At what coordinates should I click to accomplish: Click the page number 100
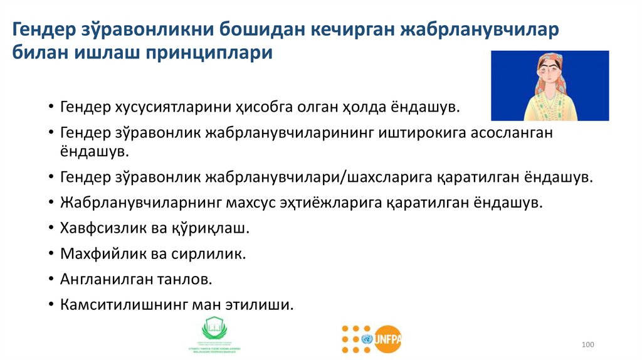click(587, 345)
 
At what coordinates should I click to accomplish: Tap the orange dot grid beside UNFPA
click(355, 338)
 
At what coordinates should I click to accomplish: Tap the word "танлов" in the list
click(188, 280)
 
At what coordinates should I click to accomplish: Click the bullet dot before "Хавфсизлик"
click(50, 229)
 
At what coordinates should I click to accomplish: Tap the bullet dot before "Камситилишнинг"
click(50, 305)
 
